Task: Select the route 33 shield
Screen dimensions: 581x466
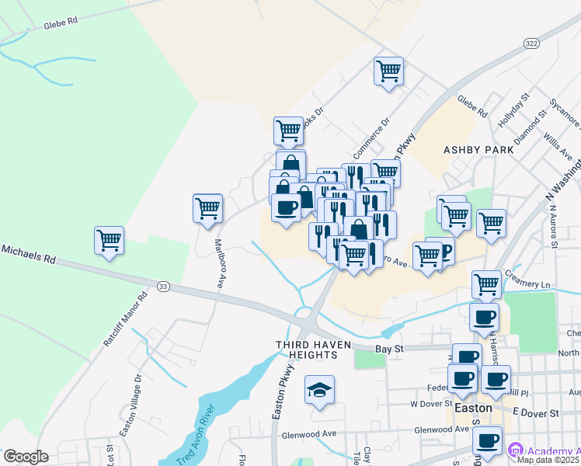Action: (162, 287)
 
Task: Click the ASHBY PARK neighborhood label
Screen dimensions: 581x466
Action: (478, 148)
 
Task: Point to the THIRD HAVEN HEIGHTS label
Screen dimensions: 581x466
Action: (308, 349)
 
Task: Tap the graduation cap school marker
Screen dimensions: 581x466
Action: (318, 391)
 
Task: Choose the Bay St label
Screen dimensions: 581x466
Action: (391, 349)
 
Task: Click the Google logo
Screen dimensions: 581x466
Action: (26, 457)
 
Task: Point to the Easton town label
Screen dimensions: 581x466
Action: (473, 408)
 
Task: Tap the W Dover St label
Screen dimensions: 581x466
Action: (430, 404)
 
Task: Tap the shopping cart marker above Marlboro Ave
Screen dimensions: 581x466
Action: (207, 208)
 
